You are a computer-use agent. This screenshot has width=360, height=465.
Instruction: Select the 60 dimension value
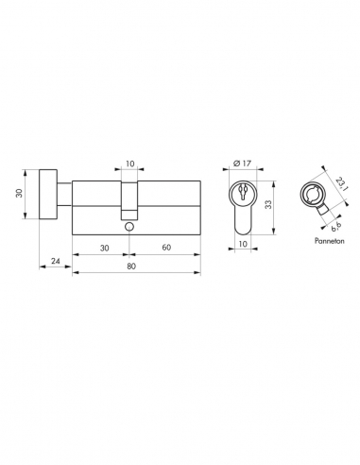click(x=165, y=248)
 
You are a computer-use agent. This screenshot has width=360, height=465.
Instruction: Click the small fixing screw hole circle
click(x=130, y=228)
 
